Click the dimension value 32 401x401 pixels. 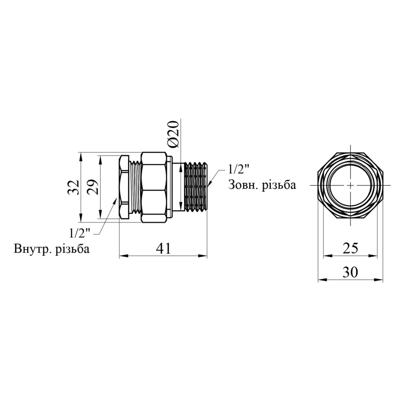click(73, 188)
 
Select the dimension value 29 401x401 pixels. click(93, 188)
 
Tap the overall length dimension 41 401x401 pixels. click(163, 248)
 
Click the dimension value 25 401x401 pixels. click(351, 248)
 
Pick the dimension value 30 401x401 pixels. click(351, 273)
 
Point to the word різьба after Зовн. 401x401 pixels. click(278, 185)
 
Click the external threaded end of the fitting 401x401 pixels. click(195, 187)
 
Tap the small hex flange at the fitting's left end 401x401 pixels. click(124, 187)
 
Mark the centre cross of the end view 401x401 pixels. click(351, 185)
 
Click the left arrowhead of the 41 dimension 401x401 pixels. click(123, 256)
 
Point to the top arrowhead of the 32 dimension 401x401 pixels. click(81, 157)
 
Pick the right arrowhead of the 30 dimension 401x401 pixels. click(379, 280)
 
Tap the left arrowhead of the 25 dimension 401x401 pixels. click(327, 256)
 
